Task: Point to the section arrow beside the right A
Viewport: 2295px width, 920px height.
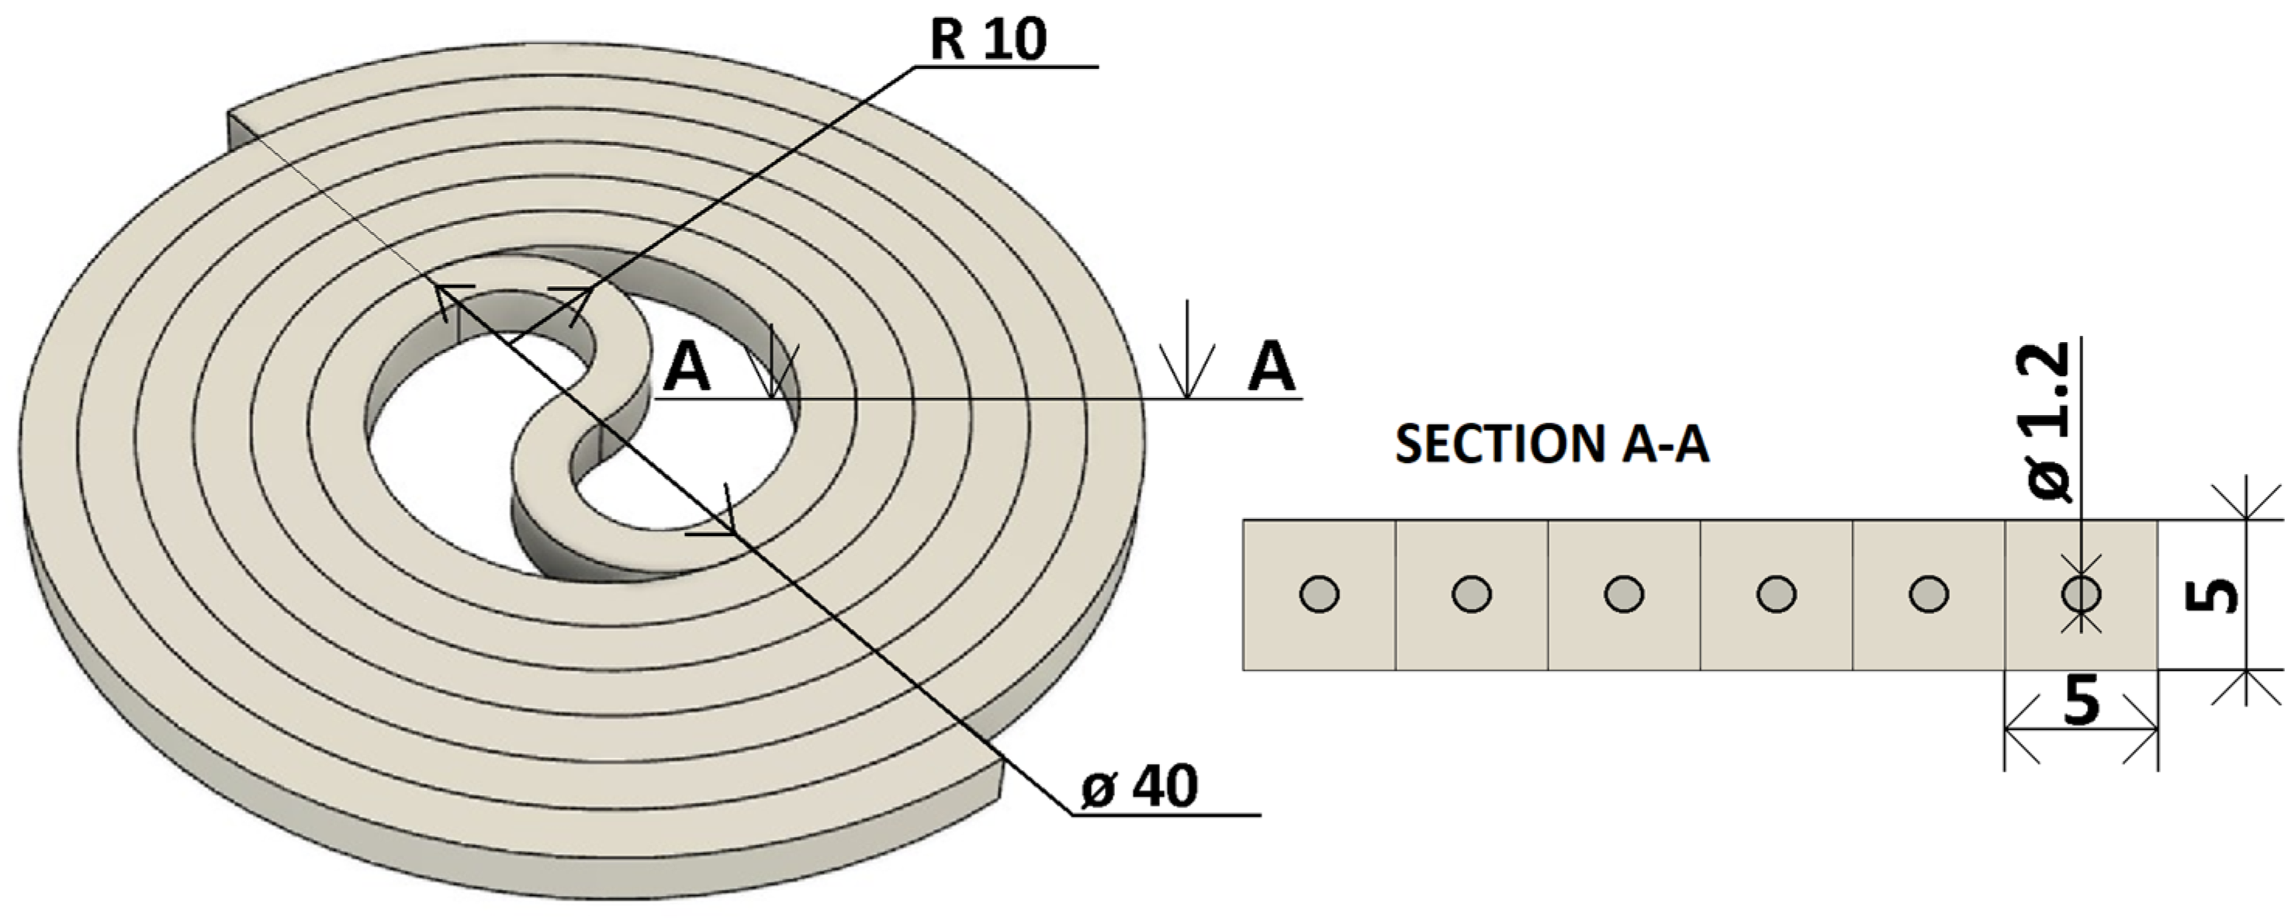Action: (x=1187, y=352)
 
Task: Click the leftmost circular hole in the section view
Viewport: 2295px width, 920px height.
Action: (x=1320, y=594)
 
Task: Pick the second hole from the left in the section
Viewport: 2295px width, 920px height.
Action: (x=1472, y=594)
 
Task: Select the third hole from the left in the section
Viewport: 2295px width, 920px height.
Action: (x=1624, y=594)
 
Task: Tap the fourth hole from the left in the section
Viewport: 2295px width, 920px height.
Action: (x=1777, y=594)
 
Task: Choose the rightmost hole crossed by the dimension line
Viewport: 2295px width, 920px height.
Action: (x=2081, y=594)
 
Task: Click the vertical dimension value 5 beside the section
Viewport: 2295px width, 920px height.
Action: (x=2215, y=595)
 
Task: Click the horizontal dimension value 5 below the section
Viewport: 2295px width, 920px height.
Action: (x=2080, y=702)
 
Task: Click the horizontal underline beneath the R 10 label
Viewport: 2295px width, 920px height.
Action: (x=1007, y=67)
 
